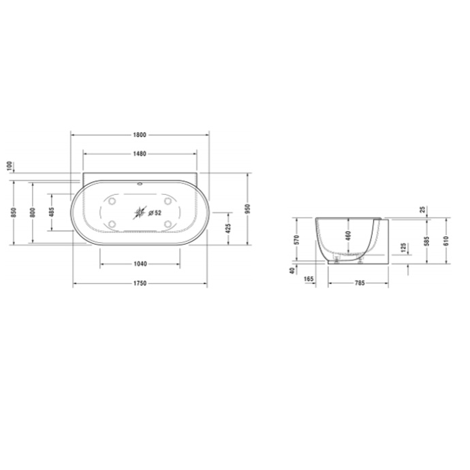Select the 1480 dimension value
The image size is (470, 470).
point(140,153)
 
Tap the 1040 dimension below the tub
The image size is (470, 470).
point(140,263)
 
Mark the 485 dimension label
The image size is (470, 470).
point(52,213)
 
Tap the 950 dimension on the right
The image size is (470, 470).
point(248,208)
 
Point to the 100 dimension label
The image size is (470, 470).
point(10,167)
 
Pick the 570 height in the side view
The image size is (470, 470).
point(297,239)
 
